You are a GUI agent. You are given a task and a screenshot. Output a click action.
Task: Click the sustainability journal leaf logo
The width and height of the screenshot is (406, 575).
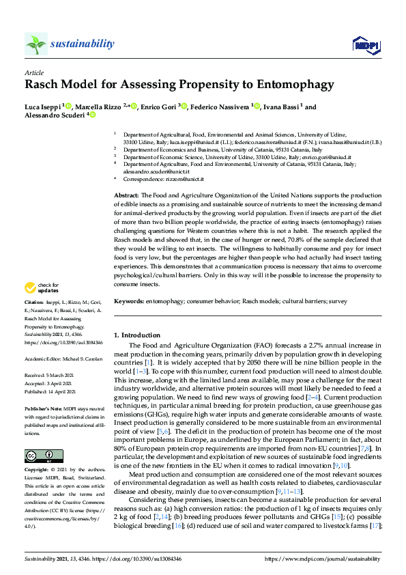[35, 44]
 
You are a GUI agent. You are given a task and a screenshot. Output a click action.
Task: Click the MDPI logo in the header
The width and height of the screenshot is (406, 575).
[365, 45]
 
